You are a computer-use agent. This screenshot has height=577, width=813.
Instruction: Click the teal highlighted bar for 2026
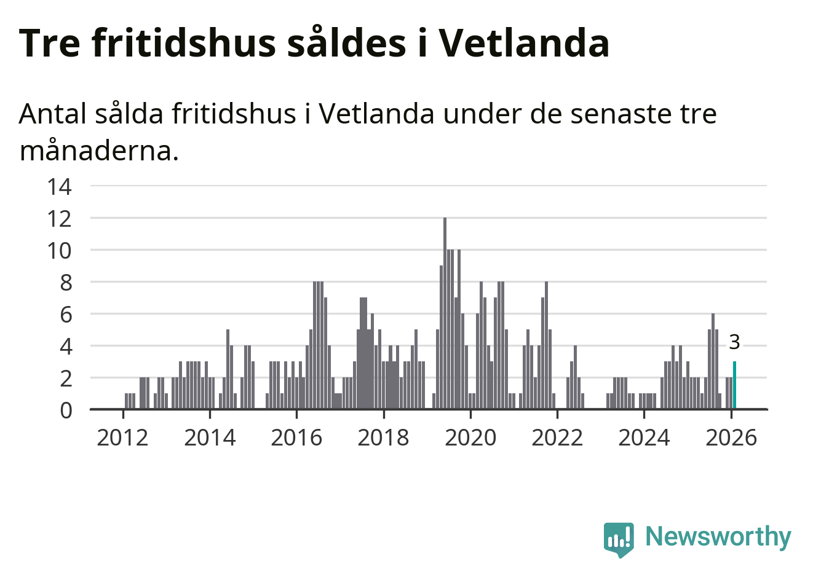[x=734, y=385]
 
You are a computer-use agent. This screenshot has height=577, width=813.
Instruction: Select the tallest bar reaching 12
[x=445, y=313]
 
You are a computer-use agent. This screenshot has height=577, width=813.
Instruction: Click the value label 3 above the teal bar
[x=734, y=342]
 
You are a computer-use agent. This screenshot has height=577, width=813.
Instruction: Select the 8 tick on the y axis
[x=65, y=283]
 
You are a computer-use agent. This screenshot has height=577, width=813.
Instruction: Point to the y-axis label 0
[x=65, y=410]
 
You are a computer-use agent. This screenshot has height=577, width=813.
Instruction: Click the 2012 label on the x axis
[x=123, y=438]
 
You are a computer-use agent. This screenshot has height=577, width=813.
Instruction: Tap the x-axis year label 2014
[x=210, y=438]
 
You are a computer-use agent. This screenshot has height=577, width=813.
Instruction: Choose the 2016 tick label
[x=296, y=438]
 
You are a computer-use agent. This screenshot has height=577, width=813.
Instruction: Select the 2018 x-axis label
[x=383, y=438]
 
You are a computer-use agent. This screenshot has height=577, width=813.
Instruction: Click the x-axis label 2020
[x=470, y=438]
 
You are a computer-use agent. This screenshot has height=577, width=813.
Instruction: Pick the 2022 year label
[x=557, y=438]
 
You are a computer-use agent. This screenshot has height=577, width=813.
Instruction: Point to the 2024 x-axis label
[x=644, y=438]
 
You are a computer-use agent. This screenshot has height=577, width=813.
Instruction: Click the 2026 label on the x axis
[x=731, y=438]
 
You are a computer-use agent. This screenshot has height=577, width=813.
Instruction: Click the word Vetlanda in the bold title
[x=523, y=43]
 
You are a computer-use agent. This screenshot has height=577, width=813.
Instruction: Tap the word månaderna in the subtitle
[x=99, y=151]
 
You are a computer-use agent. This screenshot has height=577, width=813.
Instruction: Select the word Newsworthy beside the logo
[x=718, y=536]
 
